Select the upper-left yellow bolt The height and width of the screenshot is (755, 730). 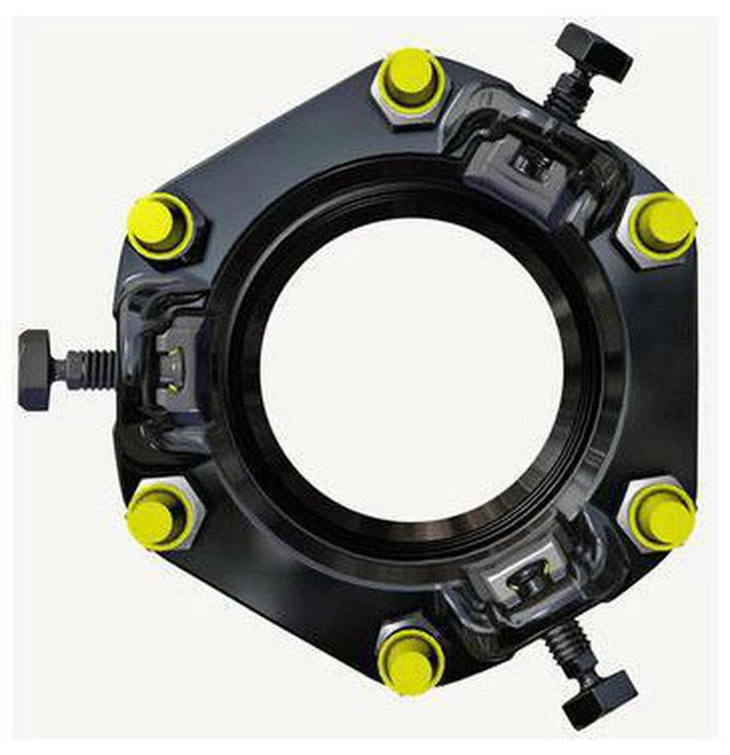(x=158, y=224)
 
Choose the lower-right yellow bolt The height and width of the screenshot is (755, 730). (x=661, y=518)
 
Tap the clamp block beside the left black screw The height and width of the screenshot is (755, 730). (x=172, y=365)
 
